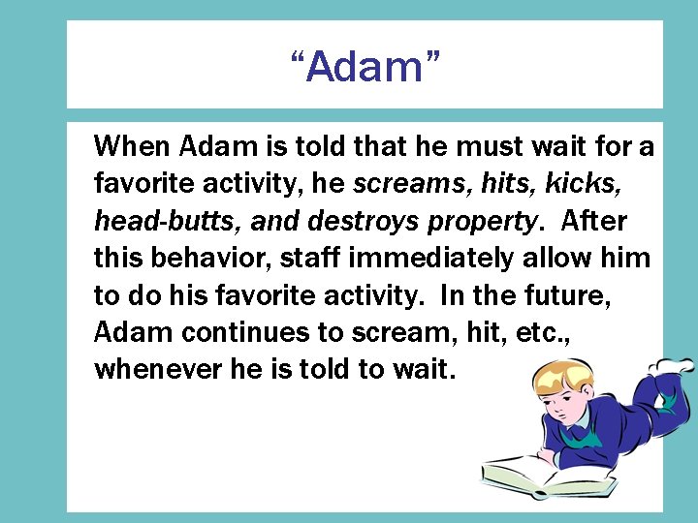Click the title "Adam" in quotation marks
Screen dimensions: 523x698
(365, 67)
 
